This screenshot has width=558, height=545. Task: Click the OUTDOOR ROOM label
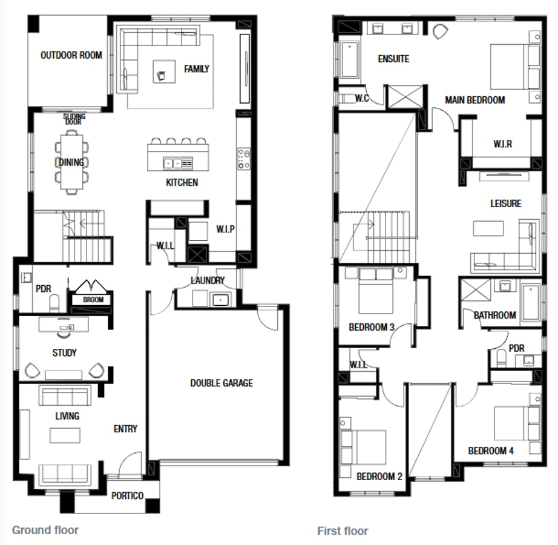pyautogui.click(x=71, y=55)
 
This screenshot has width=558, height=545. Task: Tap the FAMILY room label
pyautogui.click(x=197, y=69)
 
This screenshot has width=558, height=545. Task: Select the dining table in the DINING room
pyautogui.click(x=71, y=162)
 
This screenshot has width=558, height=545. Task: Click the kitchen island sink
pyautogui.click(x=172, y=163)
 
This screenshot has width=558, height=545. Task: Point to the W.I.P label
pyautogui.click(x=225, y=229)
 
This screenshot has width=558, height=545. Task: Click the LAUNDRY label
pyautogui.click(x=208, y=280)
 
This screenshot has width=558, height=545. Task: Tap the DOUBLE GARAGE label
pyautogui.click(x=222, y=383)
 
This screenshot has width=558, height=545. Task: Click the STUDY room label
pyautogui.click(x=64, y=352)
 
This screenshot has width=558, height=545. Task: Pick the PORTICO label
pyautogui.click(x=127, y=495)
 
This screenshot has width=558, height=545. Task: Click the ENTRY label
pyautogui.click(x=125, y=429)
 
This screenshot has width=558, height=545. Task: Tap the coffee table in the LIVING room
pyautogui.click(x=65, y=435)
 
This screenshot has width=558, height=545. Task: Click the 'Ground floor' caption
pyautogui.click(x=45, y=530)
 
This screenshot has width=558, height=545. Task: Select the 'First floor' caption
pyautogui.click(x=343, y=531)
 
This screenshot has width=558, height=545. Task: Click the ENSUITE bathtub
pyautogui.click(x=350, y=60)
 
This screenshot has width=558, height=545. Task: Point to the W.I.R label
pyautogui.click(x=502, y=144)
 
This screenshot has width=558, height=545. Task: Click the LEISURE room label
pyautogui.click(x=505, y=203)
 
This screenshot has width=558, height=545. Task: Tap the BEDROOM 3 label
pyautogui.click(x=372, y=328)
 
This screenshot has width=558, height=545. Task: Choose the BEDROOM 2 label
pyautogui.click(x=379, y=477)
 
